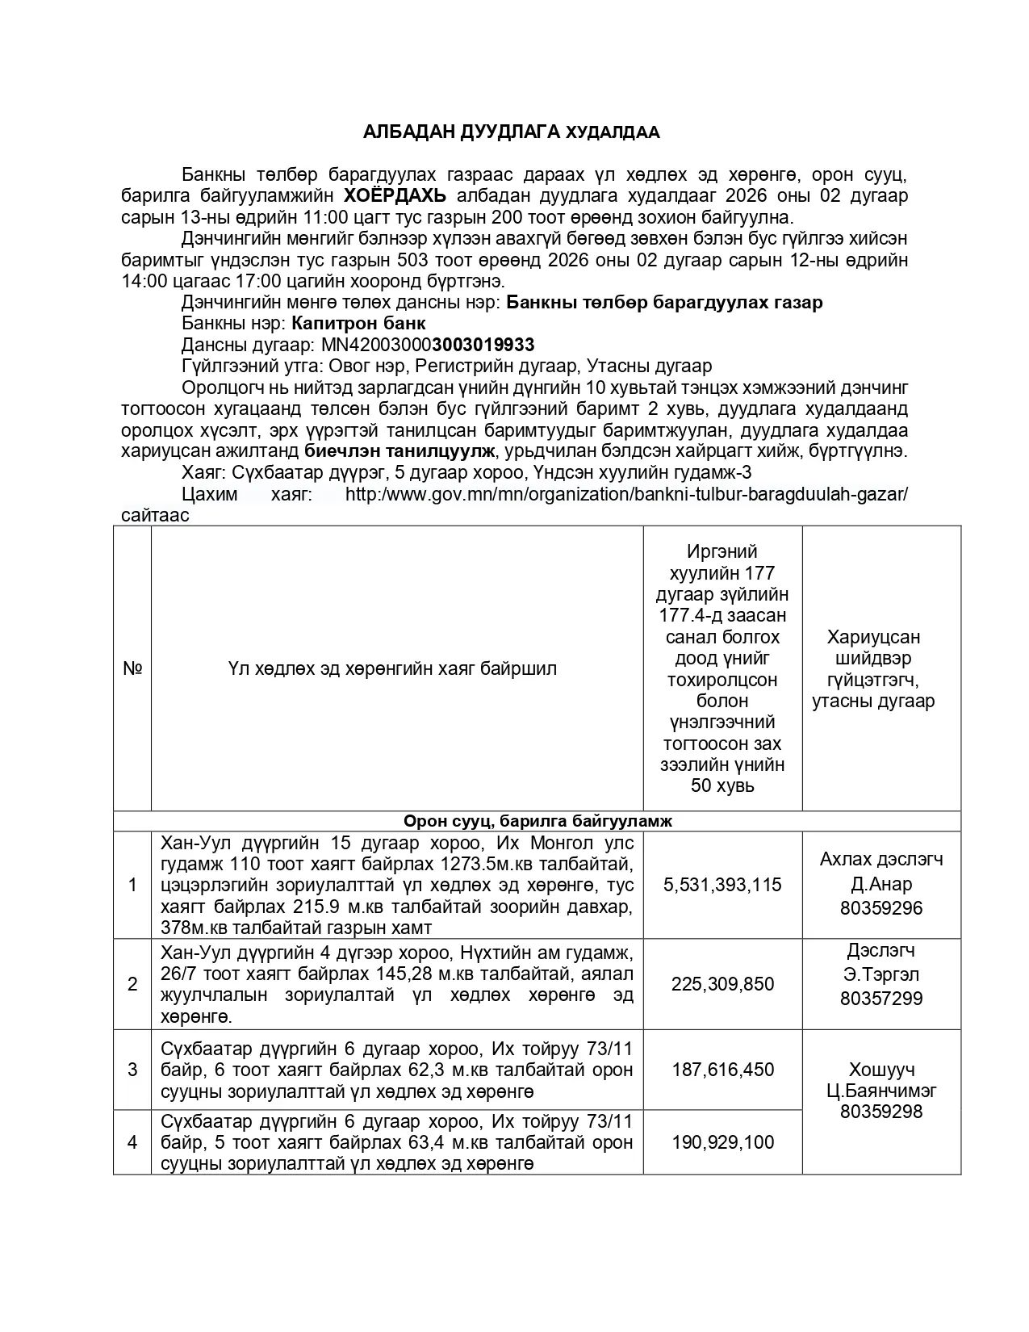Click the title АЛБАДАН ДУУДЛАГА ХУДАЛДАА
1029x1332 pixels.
[511, 132]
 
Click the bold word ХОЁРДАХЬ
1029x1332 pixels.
[395, 196]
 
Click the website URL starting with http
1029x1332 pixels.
[626, 494]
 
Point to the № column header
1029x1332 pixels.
[132, 668]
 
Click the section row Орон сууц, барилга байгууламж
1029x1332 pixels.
[537, 821]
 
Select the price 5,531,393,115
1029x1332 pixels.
[722, 885]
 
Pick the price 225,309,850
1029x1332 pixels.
[722, 984]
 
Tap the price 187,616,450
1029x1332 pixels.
[722, 1070]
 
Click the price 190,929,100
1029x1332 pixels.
[722, 1142]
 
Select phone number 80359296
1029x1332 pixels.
[881, 908]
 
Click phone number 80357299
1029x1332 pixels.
[881, 999]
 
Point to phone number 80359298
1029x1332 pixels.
[881, 1112]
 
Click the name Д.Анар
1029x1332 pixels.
[881, 884]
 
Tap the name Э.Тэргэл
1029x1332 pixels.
[881, 974]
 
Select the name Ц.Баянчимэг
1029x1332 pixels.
[881, 1091]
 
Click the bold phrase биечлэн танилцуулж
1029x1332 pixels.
[399, 451]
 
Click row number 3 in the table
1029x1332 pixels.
[132, 1070]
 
